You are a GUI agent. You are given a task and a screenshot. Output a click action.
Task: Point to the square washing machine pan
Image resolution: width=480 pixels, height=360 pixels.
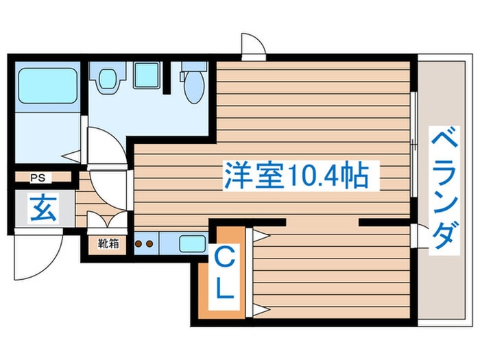[146, 75]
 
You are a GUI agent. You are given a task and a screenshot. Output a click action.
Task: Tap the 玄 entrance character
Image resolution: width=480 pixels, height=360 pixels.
[43, 207]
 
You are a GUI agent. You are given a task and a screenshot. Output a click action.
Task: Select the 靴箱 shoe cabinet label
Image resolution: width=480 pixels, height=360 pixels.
[107, 242]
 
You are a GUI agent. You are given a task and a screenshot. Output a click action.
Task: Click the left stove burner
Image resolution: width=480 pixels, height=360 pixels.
[139, 243]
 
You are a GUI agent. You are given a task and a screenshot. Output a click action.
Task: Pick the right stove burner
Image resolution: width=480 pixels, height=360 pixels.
[149, 243]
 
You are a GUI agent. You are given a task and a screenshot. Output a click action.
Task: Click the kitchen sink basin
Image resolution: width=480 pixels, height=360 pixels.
[193, 243]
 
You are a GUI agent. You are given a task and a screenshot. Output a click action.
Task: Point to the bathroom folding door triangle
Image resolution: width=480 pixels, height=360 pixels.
[73, 156]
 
